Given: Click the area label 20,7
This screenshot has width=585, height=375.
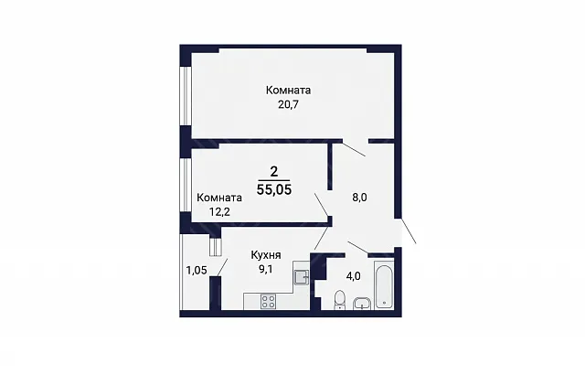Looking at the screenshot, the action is tap(289, 104).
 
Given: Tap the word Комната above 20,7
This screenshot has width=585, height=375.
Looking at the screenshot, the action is tap(288, 91).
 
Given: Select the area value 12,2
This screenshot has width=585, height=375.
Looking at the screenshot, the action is tap(219, 212).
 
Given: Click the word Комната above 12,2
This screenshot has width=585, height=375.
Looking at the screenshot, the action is tap(219, 198).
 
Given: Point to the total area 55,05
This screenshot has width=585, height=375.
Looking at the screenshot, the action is tap(274, 189).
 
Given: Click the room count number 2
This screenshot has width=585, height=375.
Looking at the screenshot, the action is tap(274, 172).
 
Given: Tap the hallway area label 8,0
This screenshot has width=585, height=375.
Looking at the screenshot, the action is tap(359, 198).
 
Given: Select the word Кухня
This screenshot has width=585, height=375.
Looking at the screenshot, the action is tap(266, 255).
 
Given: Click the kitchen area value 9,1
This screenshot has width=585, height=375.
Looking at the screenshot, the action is tap(265, 269).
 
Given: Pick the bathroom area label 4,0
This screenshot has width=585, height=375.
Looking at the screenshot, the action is tap(354, 276).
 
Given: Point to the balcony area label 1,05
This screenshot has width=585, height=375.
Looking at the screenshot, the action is tap(197, 270).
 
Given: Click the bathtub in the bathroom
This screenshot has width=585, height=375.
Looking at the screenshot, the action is tap(385, 284).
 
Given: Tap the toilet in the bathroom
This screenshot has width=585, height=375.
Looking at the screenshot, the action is tap(340, 300).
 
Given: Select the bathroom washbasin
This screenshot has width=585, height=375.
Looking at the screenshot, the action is tap(362, 304).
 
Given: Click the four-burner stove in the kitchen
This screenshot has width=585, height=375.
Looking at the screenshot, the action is tap(268, 302).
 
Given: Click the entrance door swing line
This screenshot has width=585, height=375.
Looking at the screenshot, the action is tap(408, 231).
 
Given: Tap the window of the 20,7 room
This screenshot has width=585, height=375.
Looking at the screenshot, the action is tap(184, 96).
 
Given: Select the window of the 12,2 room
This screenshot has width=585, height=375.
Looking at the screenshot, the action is tap(184, 186).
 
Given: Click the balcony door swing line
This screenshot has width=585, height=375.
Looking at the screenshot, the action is tap(222, 268).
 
